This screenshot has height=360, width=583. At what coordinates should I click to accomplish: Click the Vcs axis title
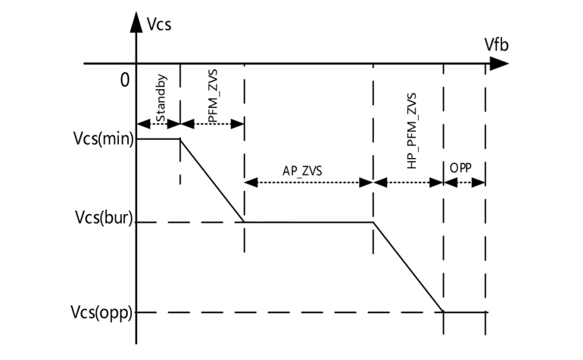pos(159,25)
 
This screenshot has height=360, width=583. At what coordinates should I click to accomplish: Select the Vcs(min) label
pos(103,139)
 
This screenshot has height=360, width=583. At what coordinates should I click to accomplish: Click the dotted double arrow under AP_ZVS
pos(308,183)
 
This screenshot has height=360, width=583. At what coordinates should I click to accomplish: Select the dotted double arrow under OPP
pos(464,183)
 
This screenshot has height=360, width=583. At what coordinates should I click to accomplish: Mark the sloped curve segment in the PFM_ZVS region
pos(212,180)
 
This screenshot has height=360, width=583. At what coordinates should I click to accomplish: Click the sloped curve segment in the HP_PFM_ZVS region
pos(408,267)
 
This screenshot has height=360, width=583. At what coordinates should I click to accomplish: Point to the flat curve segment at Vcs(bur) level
pos(308,222)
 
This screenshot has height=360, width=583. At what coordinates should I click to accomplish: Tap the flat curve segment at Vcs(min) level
pos(158,139)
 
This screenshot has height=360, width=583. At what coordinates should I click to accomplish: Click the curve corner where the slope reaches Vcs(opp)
pos(444,312)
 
